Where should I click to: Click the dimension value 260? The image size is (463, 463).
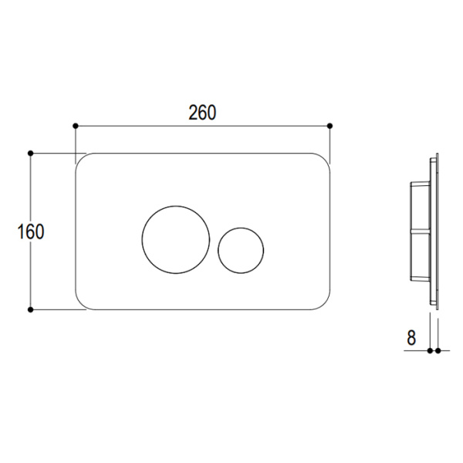coord(202,112)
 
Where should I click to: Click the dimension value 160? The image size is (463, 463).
coord(32,231)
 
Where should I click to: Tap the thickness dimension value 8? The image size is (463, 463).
coord(411,337)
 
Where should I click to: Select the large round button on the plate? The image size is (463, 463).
coord(175,239)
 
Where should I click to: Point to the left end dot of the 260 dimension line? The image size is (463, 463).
coord(75,125)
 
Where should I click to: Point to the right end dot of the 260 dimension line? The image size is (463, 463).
coord(330,125)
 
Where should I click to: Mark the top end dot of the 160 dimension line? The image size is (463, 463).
coord(31,153)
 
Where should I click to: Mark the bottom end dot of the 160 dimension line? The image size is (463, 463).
coord(31,309)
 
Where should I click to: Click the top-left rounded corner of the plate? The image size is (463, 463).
coord(81,159)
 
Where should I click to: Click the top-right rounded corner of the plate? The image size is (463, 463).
coord(324,159)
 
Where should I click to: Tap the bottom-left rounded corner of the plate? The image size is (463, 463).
coord(81,303)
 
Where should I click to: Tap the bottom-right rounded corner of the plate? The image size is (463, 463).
coord(324,303)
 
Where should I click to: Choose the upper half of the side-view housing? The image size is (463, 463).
coord(418,204)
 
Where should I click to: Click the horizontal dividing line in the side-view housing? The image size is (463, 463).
coord(418,231)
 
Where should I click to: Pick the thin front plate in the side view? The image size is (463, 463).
coord(435,231)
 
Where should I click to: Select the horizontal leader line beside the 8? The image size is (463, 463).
coord(417,350)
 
